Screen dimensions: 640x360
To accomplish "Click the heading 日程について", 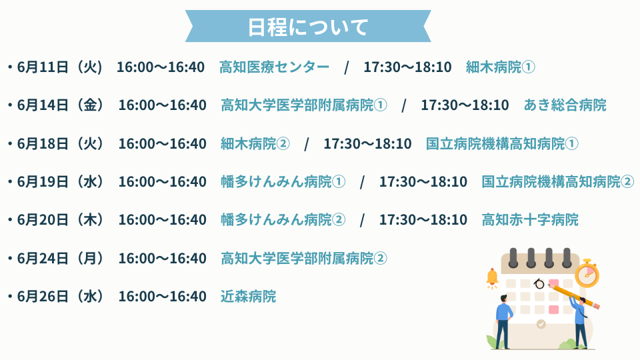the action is click(308, 27).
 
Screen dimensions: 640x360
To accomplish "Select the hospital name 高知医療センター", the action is click(274, 67).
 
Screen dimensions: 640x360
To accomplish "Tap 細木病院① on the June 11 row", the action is click(501, 67).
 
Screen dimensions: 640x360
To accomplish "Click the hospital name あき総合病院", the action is click(565, 105).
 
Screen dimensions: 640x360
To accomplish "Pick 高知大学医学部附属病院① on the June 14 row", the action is click(304, 105).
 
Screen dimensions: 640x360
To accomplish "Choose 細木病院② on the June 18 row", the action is click(255, 144).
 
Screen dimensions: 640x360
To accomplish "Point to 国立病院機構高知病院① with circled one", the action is click(502, 144).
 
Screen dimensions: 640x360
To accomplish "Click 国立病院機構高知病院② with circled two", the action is click(557, 181).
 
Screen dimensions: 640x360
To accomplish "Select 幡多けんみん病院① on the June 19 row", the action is click(283, 181).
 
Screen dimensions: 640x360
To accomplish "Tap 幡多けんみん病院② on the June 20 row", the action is click(283, 220).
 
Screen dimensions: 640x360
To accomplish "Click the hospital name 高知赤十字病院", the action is click(530, 220).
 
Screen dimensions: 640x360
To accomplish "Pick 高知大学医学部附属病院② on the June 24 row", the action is click(304, 259).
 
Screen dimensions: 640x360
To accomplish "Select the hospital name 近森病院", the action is click(249, 296).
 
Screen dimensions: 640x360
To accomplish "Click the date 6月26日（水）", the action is click(60, 296).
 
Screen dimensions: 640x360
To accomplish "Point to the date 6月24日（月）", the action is click(60, 259).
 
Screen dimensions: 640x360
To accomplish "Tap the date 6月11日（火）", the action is click(59, 67).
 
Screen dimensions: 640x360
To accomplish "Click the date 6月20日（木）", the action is click(60, 220).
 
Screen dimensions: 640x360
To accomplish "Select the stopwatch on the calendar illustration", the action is click(587, 273).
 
